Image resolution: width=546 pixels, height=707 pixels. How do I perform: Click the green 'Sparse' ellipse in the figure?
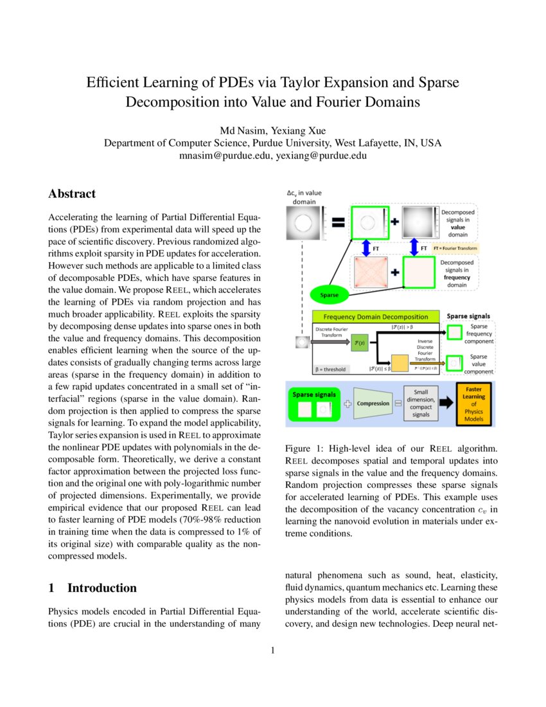coord(328,296)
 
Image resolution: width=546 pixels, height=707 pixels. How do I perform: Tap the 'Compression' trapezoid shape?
coord(373,403)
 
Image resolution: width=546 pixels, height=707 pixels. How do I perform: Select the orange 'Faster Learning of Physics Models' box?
coord(475,404)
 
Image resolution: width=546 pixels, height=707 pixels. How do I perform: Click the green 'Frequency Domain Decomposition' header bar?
coord(376,317)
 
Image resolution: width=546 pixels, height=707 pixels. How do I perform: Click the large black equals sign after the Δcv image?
coord(338,223)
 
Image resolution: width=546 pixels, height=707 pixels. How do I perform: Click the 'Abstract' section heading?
coord(72,194)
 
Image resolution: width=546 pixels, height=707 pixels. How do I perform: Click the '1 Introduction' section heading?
coord(92,588)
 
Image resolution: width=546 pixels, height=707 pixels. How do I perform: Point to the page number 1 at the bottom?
coord(272,651)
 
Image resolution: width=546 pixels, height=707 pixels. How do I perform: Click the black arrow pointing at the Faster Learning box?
coord(448,404)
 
